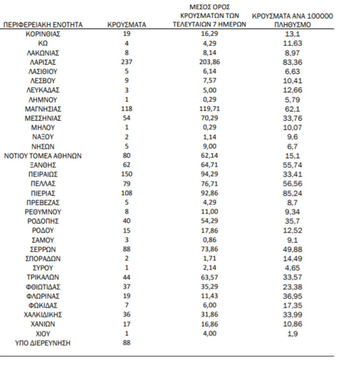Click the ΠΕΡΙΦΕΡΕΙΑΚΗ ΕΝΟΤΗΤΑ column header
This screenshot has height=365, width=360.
[43, 24]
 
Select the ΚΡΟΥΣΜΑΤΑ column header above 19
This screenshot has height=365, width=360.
[126, 24]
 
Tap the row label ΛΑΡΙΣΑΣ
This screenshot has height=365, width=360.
[43, 62]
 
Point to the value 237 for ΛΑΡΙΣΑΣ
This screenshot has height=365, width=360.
[126, 62]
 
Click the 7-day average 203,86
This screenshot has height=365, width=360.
[209, 62]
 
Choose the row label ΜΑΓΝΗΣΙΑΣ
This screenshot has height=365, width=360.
[43, 109]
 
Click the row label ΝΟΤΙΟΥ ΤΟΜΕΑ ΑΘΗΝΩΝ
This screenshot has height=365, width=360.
[43, 156]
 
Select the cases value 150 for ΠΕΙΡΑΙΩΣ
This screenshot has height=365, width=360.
[126, 174]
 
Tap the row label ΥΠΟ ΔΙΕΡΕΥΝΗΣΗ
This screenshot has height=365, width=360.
[43, 343]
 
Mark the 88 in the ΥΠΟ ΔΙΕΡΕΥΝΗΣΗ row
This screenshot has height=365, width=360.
[126, 343]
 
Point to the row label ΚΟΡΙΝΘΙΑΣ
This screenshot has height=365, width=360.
[43, 34]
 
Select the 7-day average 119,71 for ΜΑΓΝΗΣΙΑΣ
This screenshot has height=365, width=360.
[209, 109]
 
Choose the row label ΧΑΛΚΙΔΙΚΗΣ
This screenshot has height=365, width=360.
[43, 315]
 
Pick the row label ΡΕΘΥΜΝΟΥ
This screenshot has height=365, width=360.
[43, 212]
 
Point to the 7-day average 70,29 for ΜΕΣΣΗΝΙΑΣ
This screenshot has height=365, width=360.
[209, 118]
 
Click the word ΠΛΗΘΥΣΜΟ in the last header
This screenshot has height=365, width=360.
[293, 24]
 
